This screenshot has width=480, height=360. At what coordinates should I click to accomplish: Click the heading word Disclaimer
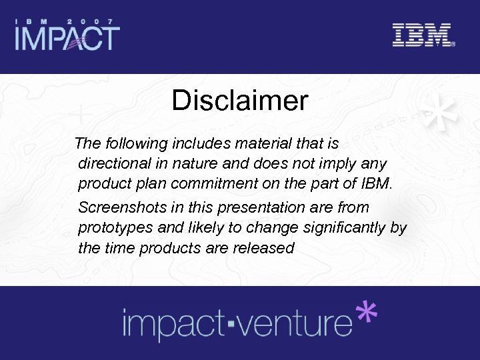coord(239,101)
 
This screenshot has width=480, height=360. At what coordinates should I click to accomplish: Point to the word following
coord(139,143)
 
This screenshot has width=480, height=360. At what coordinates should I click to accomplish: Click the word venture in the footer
coord(301,323)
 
